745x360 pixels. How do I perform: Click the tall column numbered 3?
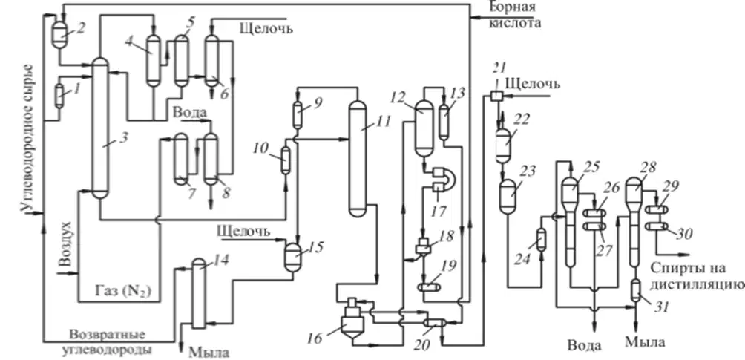(x=99, y=128)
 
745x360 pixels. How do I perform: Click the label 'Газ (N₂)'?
(x=125, y=289)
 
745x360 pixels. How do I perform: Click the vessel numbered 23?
(x=509, y=196)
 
